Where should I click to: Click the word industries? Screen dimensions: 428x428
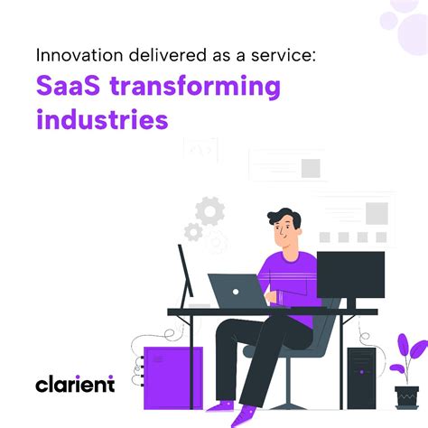click(x=101, y=120)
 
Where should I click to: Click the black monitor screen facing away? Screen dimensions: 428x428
click(x=350, y=280)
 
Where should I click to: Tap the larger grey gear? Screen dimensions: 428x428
click(x=210, y=212)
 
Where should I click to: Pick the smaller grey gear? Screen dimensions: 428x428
click(x=192, y=232)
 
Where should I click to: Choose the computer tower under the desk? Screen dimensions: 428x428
click(x=361, y=375)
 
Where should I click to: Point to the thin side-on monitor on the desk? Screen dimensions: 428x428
click(x=186, y=275)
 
